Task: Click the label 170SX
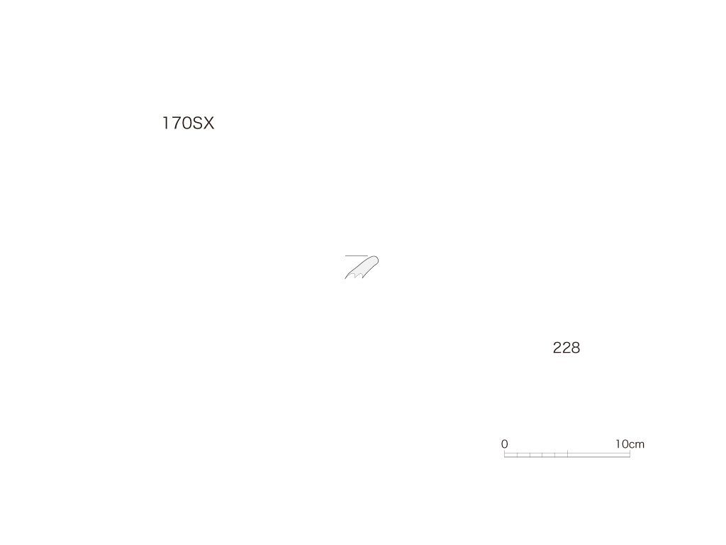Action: click(188, 123)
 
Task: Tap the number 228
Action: click(566, 348)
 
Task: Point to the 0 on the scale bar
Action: click(505, 444)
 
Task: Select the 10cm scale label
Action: click(630, 444)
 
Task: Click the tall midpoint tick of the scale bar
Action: click(568, 453)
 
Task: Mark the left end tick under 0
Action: click(504, 453)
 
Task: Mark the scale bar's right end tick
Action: click(630, 453)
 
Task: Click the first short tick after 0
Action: click(517, 455)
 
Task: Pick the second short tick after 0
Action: click(530, 455)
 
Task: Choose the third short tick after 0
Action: click(542, 455)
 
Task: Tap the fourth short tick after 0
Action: click(554, 455)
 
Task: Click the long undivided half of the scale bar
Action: click(598, 455)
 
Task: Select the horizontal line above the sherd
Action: click(357, 255)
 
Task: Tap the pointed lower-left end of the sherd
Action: click(345, 278)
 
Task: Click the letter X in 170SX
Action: click(208, 123)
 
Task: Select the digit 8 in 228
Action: click(576, 348)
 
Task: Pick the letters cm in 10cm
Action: click(637, 445)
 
